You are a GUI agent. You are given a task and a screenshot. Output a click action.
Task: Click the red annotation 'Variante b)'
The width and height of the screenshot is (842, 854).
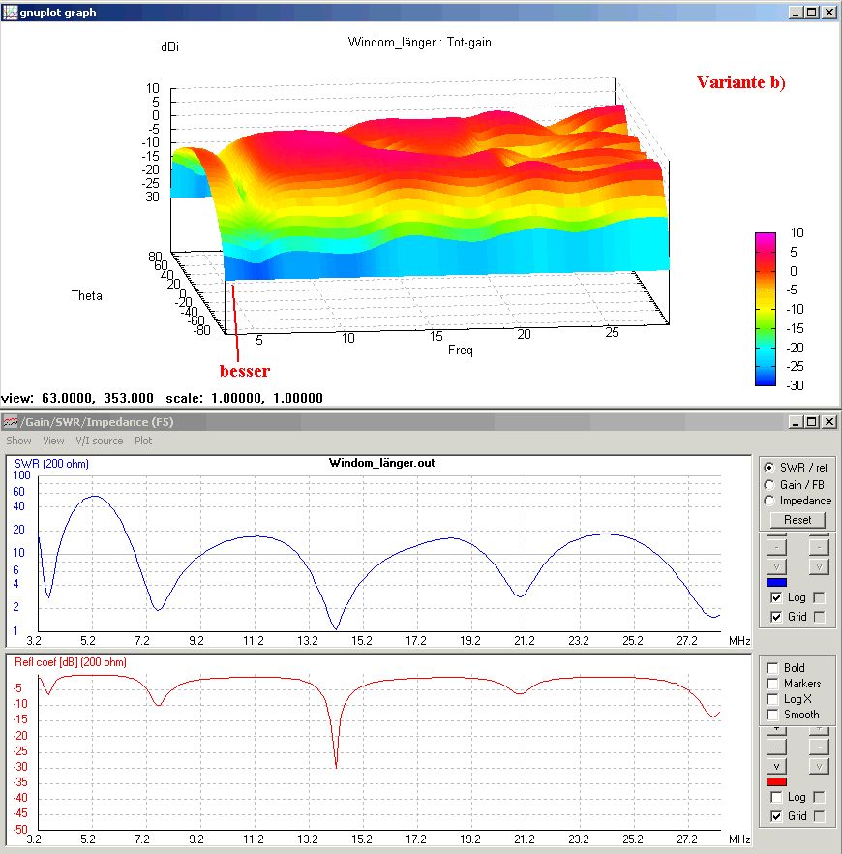pyautogui.click(x=740, y=82)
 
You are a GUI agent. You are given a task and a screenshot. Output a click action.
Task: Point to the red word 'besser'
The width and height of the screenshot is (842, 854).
pyautogui.click(x=244, y=370)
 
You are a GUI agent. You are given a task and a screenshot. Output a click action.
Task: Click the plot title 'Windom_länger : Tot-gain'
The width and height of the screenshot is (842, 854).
pyautogui.click(x=412, y=43)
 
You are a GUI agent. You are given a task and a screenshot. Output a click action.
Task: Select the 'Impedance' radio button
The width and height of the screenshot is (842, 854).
pyautogui.click(x=770, y=501)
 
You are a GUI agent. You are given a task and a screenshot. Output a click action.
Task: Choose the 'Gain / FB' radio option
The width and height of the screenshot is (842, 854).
pyautogui.click(x=770, y=484)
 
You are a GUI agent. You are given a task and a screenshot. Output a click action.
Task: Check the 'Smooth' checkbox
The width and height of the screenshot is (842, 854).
pyautogui.click(x=772, y=715)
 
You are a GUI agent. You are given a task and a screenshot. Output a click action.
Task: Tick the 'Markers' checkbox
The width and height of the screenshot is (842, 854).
pyautogui.click(x=772, y=684)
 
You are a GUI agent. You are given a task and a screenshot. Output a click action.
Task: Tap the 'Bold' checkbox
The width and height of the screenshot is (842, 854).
pyautogui.click(x=772, y=668)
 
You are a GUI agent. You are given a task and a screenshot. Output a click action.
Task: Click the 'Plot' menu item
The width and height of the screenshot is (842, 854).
pyautogui.click(x=143, y=441)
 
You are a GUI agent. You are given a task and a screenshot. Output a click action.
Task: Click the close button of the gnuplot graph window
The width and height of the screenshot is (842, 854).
pyautogui.click(x=829, y=13)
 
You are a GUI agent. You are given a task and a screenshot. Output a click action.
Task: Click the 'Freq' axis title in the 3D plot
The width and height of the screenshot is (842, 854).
pyautogui.click(x=460, y=351)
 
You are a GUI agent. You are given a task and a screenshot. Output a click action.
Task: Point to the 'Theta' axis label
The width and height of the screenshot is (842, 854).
pyautogui.click(x=86, y=295)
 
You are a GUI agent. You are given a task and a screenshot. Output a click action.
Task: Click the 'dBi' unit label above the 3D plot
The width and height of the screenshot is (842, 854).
pyautogui.click(x=169, y=46)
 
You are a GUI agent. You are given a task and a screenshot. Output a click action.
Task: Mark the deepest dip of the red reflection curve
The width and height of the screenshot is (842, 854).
pyautogui.click(x=336, y=766)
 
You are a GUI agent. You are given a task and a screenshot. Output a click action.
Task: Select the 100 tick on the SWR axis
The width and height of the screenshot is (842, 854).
pyautogui.click(x=18, y=475)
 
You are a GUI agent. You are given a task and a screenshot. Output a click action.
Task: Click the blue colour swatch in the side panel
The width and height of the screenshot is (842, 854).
pyautogui.click(x=776, y=582)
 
